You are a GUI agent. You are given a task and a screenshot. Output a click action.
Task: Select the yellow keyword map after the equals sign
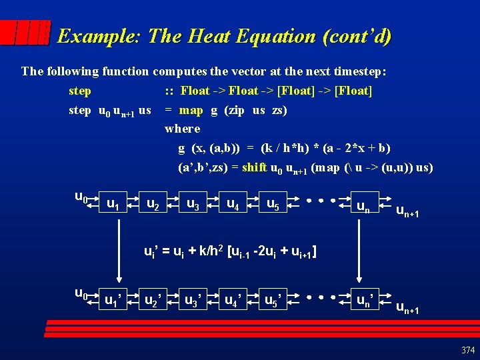(191, 110)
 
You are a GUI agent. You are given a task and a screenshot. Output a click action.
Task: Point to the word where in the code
(182, 129)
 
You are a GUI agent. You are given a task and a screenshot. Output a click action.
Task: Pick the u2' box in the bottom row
(156, 300)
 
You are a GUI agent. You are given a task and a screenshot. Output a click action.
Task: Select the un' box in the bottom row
(365, 300)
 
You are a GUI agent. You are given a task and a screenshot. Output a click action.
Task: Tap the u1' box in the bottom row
(116, 300)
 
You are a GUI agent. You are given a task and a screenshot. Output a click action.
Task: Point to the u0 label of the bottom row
(81, 293)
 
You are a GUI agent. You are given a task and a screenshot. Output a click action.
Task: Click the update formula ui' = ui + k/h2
(231, 252)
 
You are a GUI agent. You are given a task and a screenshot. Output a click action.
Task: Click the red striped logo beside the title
(25, 33)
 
